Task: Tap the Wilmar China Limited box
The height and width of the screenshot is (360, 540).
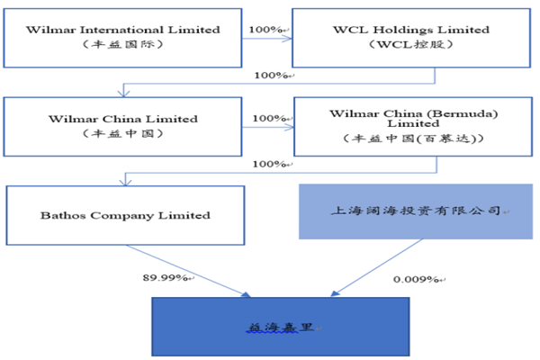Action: [x=123, y=125]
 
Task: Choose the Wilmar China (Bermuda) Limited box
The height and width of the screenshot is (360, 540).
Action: [x=414, y=125]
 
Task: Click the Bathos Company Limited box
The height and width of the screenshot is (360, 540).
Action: [x=125, y=215]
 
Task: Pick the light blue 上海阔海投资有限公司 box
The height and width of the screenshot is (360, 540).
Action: [x=416, y=211]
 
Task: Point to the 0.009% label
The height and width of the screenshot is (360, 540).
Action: [x=415, y=279]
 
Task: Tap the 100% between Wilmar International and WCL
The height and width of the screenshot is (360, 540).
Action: [x=267, y=30]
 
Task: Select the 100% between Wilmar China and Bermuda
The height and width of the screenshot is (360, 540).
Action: [x=270, y=119]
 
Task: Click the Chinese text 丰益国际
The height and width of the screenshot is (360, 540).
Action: [x=123, y=47]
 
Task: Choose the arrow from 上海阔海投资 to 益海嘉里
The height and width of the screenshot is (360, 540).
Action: [x=369, y=268]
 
